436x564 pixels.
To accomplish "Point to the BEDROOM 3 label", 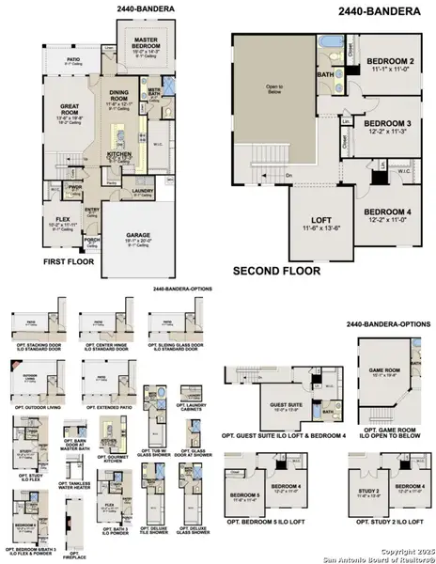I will pyautogui.click(x=387, y=124).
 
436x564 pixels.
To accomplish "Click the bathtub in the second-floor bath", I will pyautogui.click(x=326, y=43).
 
